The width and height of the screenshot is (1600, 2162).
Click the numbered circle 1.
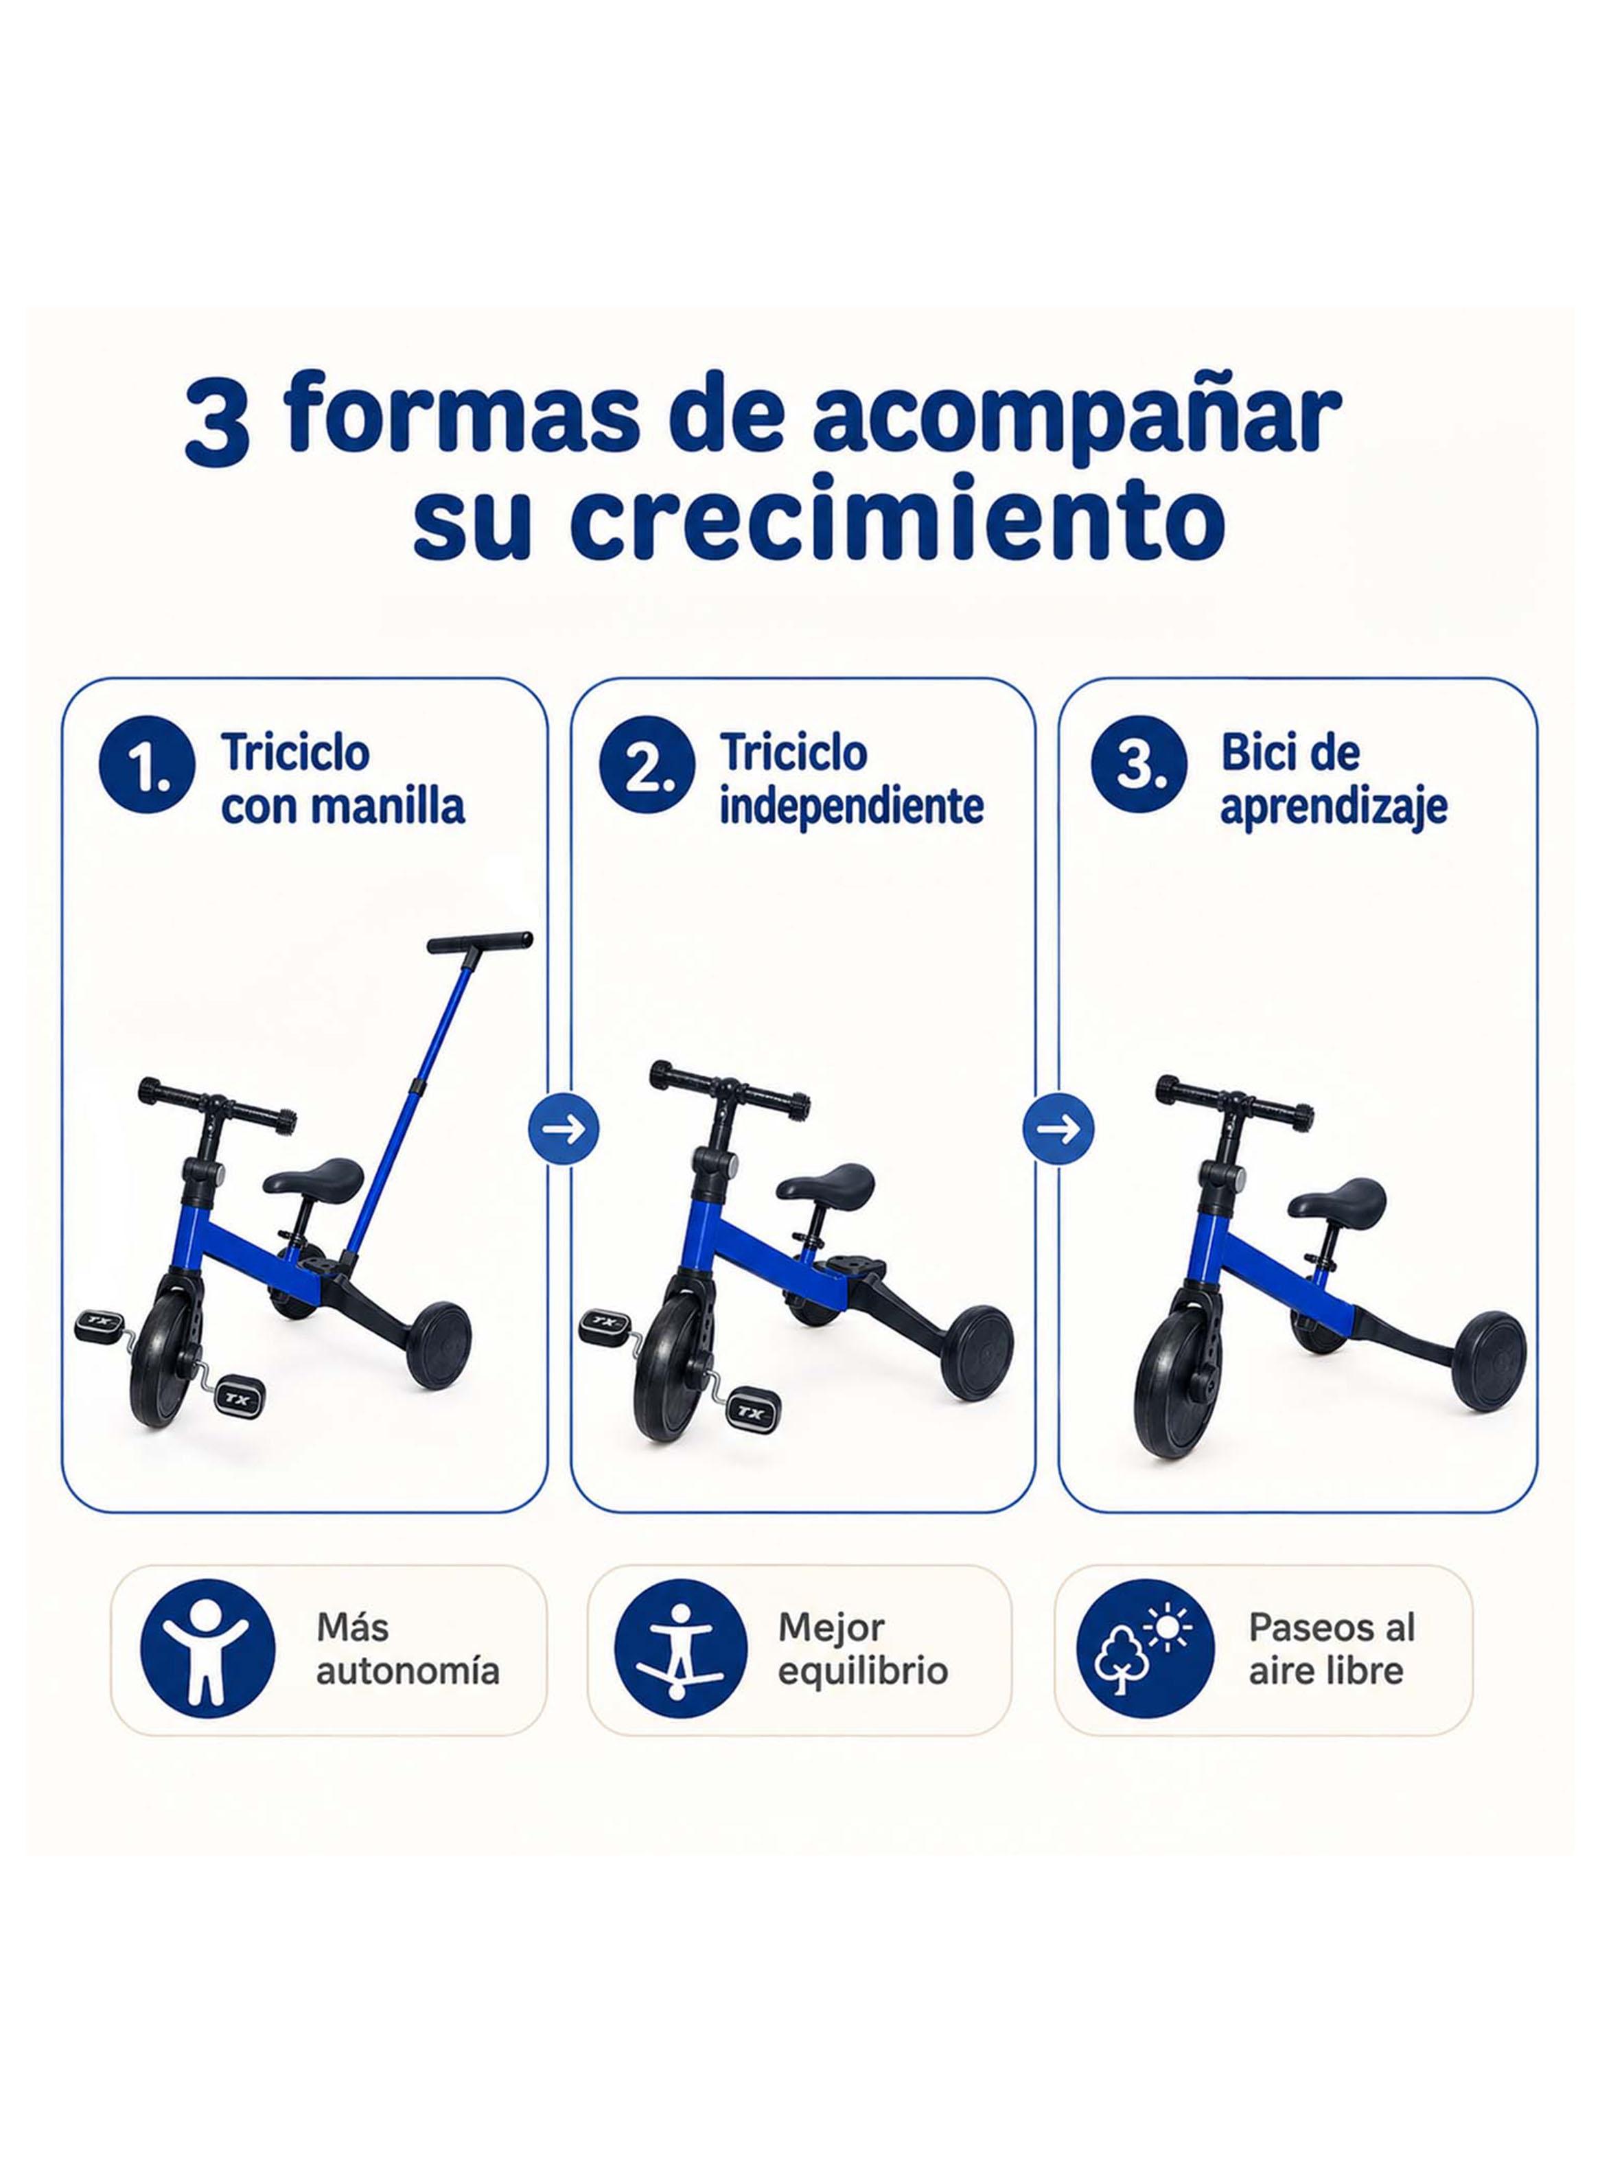146,775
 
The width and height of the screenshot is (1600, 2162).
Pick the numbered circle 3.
1139,775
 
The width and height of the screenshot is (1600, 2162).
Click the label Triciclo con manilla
343,780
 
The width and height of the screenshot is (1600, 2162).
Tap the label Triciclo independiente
851,780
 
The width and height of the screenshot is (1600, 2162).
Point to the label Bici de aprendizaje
1334,780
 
